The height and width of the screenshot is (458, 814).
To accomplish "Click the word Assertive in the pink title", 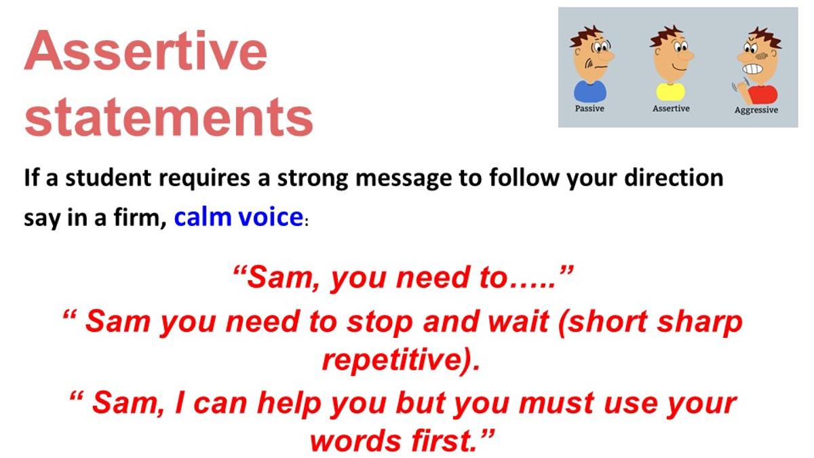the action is click(146, 50).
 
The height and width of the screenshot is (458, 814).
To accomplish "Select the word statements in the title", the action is click(169, 117).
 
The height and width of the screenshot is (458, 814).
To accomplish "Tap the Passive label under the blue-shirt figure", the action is click(589, 109).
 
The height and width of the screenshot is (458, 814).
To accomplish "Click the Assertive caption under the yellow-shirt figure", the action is click(671, 109).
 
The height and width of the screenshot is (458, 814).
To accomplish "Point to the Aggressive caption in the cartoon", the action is click(756, 110).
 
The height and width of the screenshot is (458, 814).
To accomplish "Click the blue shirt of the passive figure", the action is click(590, 91).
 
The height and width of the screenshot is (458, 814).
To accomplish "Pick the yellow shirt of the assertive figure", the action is click(670, 92).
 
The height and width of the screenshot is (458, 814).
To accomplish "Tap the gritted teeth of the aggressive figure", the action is click(752, 69).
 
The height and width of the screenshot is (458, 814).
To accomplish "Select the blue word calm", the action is click(203, 217).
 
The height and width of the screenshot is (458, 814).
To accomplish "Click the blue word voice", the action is click(271, 217).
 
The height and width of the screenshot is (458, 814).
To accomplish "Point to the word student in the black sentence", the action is click(108, 178).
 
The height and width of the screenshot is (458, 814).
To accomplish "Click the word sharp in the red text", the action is click(699, 323).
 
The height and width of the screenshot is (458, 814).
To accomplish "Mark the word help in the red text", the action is click(289, 404).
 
